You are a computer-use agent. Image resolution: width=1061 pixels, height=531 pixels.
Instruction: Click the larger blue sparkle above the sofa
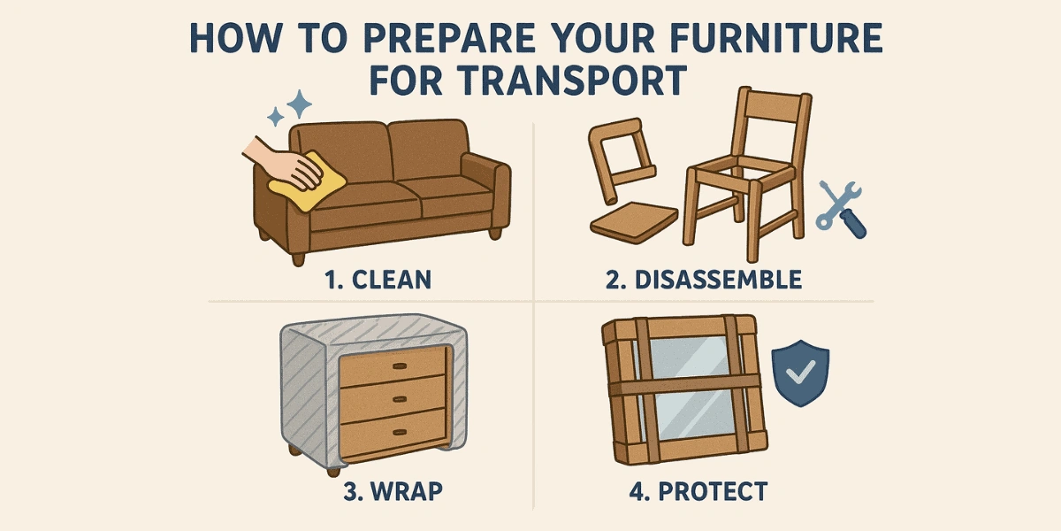click(x=301, y=105)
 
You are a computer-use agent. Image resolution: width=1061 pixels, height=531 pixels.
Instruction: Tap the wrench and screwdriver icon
click(x=841, y=209)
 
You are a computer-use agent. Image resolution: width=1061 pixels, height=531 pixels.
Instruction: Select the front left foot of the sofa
click(x=298, y=259)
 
